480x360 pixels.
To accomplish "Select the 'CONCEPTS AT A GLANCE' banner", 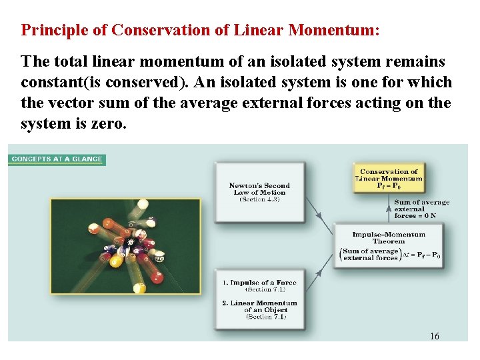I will click(x=57, y=159).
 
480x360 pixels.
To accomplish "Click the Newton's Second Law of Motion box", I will click(x=259, y=192).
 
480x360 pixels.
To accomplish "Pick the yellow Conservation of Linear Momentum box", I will click(x=389, y=179).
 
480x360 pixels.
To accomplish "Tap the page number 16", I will click(x=434, y=336).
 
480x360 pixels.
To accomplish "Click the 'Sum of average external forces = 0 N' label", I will click(x=421, y=209).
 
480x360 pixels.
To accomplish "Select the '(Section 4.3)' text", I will click(x=259, y=199).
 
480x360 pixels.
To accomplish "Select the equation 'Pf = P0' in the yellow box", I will click(x=389, y=186).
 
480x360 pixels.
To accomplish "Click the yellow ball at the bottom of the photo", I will click(x=139, y=288).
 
